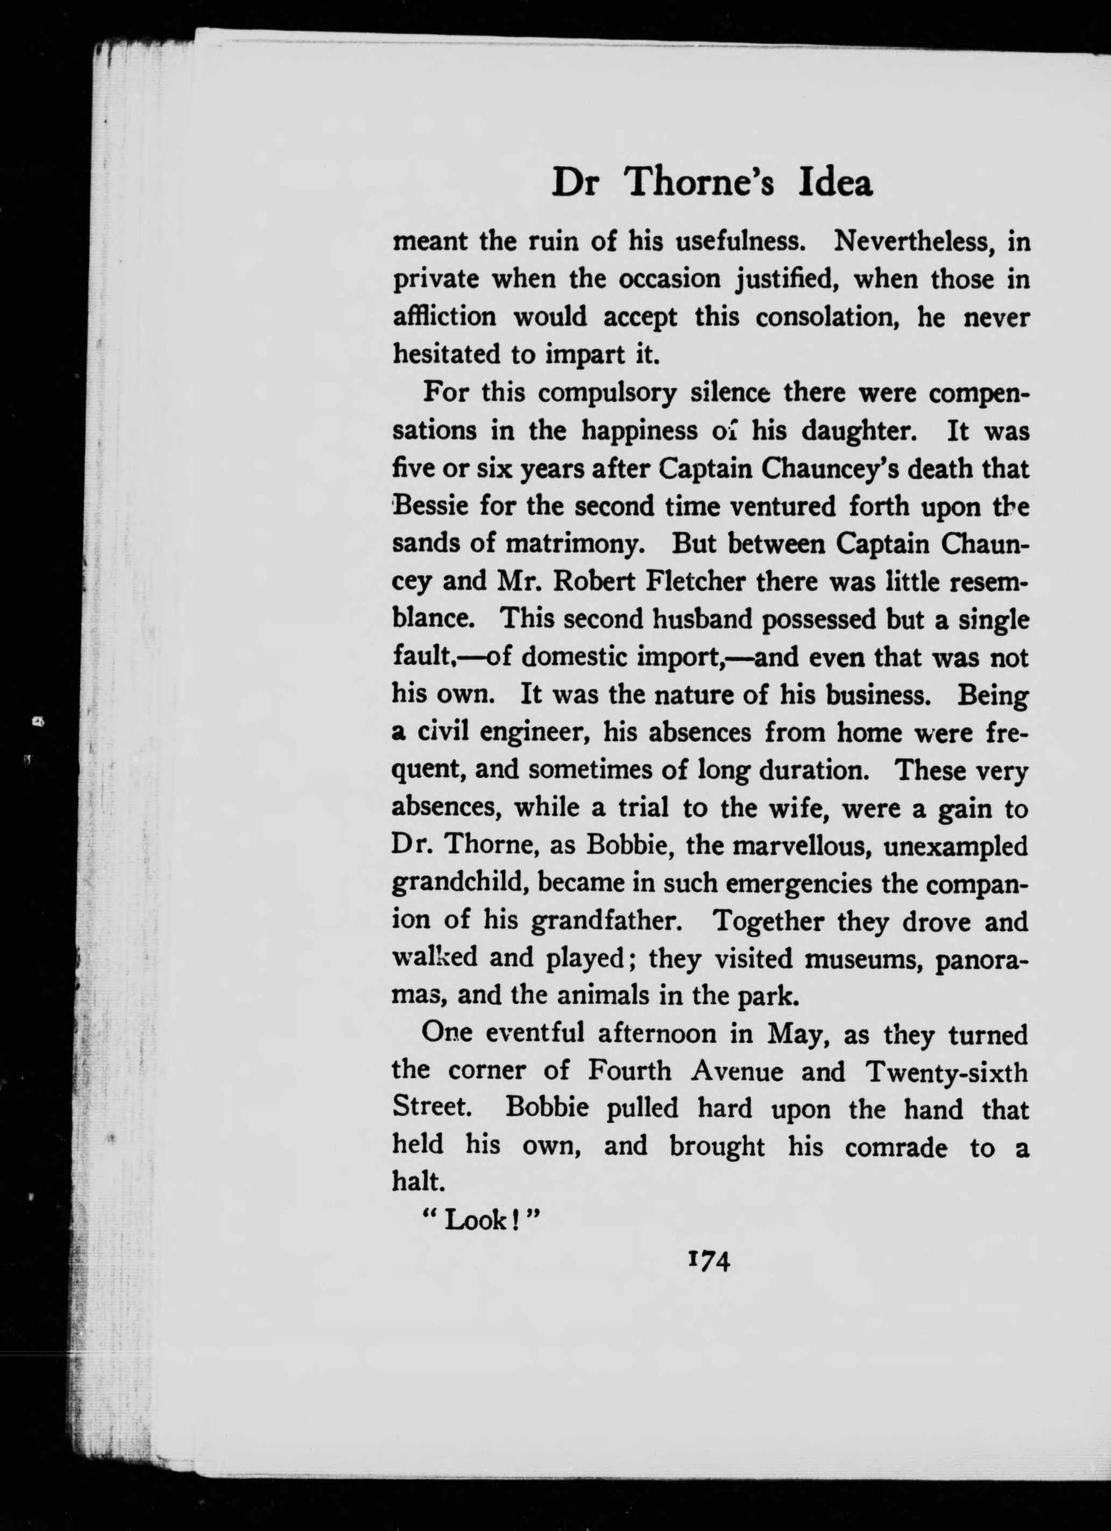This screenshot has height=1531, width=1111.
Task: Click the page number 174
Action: click(x=708, y=1260)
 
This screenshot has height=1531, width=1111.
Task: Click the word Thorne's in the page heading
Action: click(x=700, y=183)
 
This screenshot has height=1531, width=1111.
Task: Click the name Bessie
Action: click(x=430, y=506)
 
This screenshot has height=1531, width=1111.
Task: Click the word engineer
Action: click(x=535, y=733)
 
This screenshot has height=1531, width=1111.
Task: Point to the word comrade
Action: click(x=896, y=1147)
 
